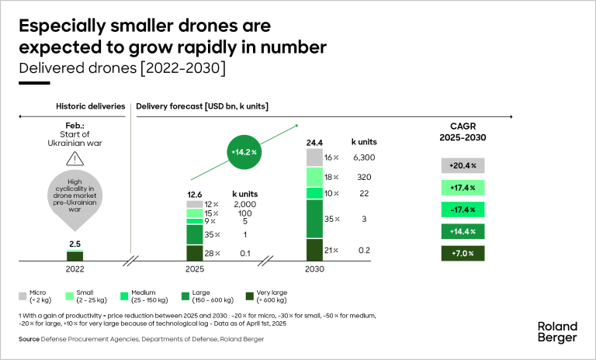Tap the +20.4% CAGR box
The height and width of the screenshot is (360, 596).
(x=463, y=165)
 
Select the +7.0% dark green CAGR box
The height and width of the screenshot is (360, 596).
(x=463, y=253)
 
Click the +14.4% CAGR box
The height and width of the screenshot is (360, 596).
(x=463, y=231)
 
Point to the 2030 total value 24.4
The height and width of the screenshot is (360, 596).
(x=314, y=142)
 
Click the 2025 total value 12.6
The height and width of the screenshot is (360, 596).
(x=195, y=195)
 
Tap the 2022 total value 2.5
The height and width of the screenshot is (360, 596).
(x=75, y=244)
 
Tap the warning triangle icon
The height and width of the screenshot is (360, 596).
(x=75, y=159)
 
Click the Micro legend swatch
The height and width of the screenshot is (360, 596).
(x=25, y=296)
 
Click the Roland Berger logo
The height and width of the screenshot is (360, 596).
(x=557, y=332)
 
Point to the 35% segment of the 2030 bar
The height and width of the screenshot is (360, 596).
(x=314, y=219)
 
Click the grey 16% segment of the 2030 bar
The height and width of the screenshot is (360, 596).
(x=314, y=157)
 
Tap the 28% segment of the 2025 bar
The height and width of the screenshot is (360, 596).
(x=194, y=253)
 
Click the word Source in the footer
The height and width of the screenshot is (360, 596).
(x=29, y=340)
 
